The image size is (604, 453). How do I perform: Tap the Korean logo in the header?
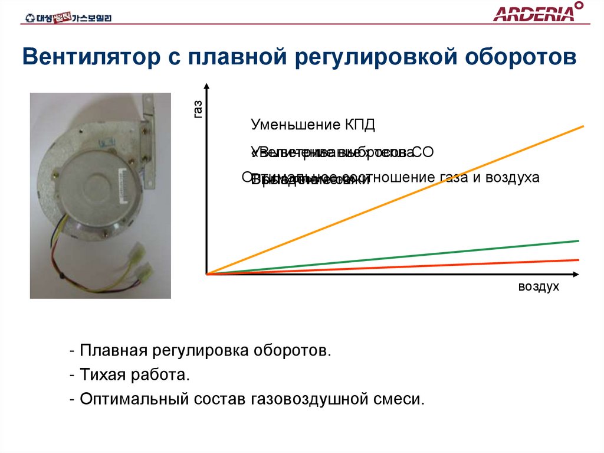pyautogui.click(x=68, y=18)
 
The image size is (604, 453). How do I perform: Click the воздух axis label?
pyautogui.click(x=538, y=287)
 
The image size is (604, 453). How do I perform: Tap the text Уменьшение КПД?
pyautogui.click(x=313, y=125)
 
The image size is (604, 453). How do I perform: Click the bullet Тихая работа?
pyautogui.click(x=132, y=374)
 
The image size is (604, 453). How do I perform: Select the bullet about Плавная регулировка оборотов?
pyautogui.click(x=201, y=351)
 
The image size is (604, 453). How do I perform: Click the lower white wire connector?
pyautogui.click(x=145, y=273)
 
